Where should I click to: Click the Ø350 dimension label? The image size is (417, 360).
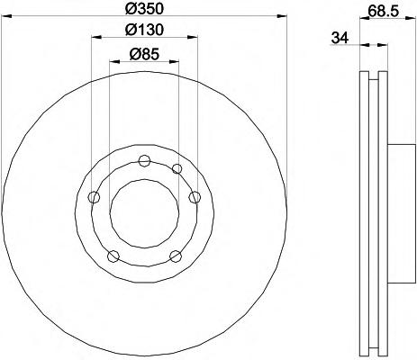pyautogui.click(x=144, y=8)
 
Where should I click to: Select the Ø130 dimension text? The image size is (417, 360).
pyautogui.click(x=144, y=30)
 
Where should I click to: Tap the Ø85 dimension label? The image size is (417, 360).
pyautogui.click(x=144, y=54)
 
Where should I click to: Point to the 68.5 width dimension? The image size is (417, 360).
pyautogui.click(x=383, y=12)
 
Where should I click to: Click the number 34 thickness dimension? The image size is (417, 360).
pyautogui.click(x=340, y=39)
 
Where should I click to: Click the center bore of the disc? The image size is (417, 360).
pyautogui.click(x=144, y=213)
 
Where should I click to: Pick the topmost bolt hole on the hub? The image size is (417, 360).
pyautogui.click(x=145, y=161)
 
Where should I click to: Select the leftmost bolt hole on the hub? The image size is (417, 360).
pyautogui.click(x=94, y=197)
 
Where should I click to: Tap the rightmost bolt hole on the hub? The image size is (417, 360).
pyautogui.click(x=195, y=197)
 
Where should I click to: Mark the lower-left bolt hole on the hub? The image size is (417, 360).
pyautogui.click(x=113, y=256)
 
